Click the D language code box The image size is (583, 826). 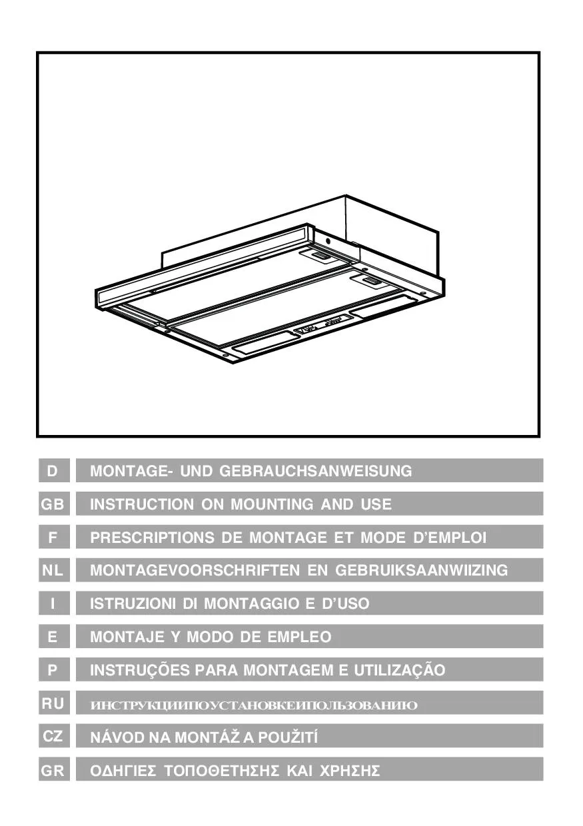point(54,470)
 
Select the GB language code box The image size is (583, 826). point(54,504)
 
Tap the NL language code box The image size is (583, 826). point(54,570)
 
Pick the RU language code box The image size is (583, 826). point(54,703)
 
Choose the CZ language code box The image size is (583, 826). point(54,736)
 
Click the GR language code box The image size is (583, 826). point(54,769)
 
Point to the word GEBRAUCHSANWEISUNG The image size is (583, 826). point(316,471)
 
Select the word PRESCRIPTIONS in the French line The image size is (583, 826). point(153,538)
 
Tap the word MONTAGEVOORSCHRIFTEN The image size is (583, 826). point(195,570)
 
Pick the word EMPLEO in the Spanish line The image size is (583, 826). point(299,637)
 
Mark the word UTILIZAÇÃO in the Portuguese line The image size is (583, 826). point(400,670)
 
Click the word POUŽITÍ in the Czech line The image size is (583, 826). point(288,737)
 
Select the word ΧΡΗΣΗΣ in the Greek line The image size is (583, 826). point(350,770)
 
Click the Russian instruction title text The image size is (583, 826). point(254,705)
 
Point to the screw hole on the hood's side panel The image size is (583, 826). point(327,240)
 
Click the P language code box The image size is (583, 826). point(54,669)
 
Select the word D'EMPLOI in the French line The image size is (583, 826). point(450,538)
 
